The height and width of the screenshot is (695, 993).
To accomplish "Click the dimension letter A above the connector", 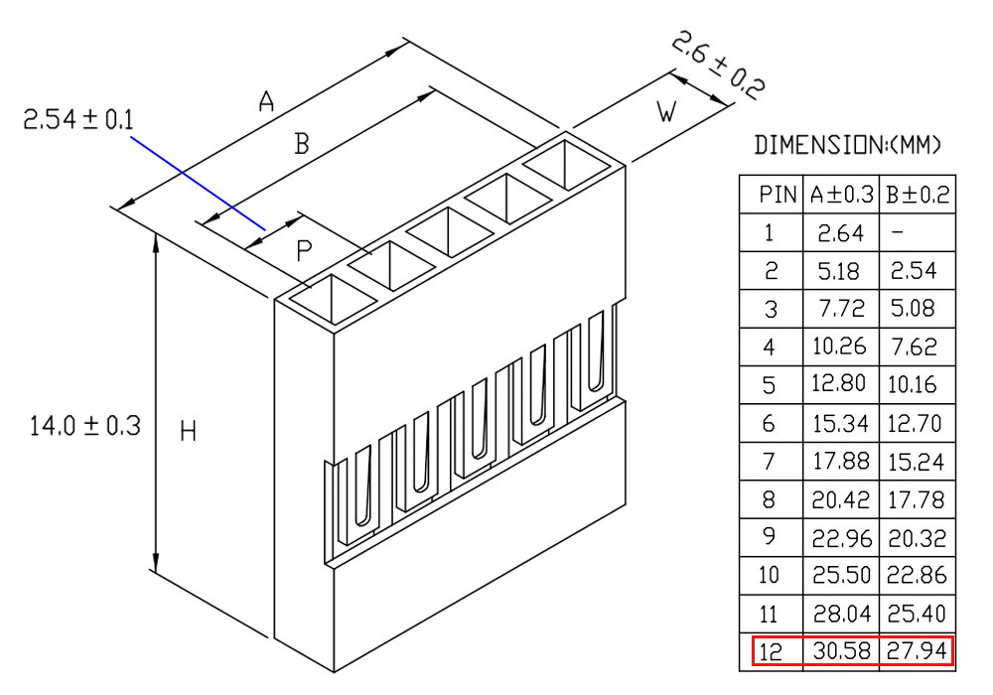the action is pos(266,101).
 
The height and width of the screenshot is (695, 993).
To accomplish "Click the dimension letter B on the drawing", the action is pos(302,143).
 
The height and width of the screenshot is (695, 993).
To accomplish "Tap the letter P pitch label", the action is pos(304,250).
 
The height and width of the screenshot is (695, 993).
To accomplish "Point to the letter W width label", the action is pos(666,111).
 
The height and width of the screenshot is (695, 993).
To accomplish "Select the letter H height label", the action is pos(188,431).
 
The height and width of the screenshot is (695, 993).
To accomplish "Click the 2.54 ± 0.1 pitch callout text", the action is pos(78,119).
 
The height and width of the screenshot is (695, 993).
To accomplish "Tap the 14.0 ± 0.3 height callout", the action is pos(84,425).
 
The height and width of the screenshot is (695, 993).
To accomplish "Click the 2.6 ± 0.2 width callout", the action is pos(718,65).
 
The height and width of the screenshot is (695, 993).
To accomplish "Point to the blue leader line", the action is pos(199,183).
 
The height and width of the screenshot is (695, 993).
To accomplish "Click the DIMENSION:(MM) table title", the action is pos(847,145).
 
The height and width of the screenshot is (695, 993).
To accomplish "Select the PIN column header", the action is pos(778,195).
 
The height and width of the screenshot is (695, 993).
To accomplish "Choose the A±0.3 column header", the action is pos(842,195).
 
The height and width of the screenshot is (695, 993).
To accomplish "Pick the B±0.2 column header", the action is pos(918,195).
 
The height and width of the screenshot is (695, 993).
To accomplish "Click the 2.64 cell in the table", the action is pos(840,233).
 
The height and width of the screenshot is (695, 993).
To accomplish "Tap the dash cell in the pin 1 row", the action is pos(897,232).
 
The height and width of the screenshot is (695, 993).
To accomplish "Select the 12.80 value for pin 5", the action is pos(839,383).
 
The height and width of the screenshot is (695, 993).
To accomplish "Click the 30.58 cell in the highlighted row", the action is pos(842,650).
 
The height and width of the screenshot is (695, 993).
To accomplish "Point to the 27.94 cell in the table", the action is pos(917,650).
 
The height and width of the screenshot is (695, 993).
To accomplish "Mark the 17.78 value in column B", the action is pos(916,499).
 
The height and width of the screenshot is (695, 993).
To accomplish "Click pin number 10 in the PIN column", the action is pos(769,575).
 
